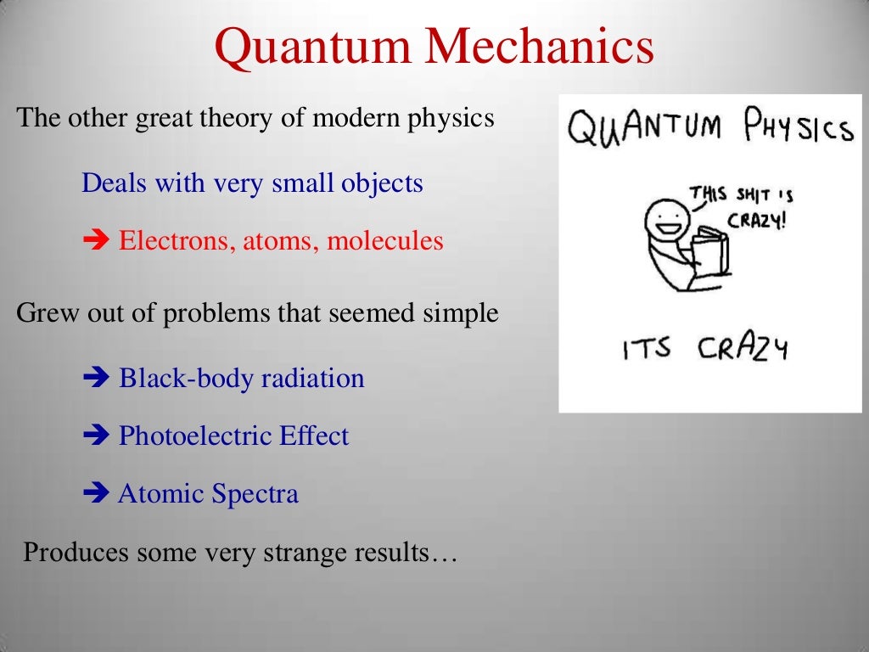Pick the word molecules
click(385, 241)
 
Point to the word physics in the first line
click(451, 119)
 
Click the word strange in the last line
click(285, 554)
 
